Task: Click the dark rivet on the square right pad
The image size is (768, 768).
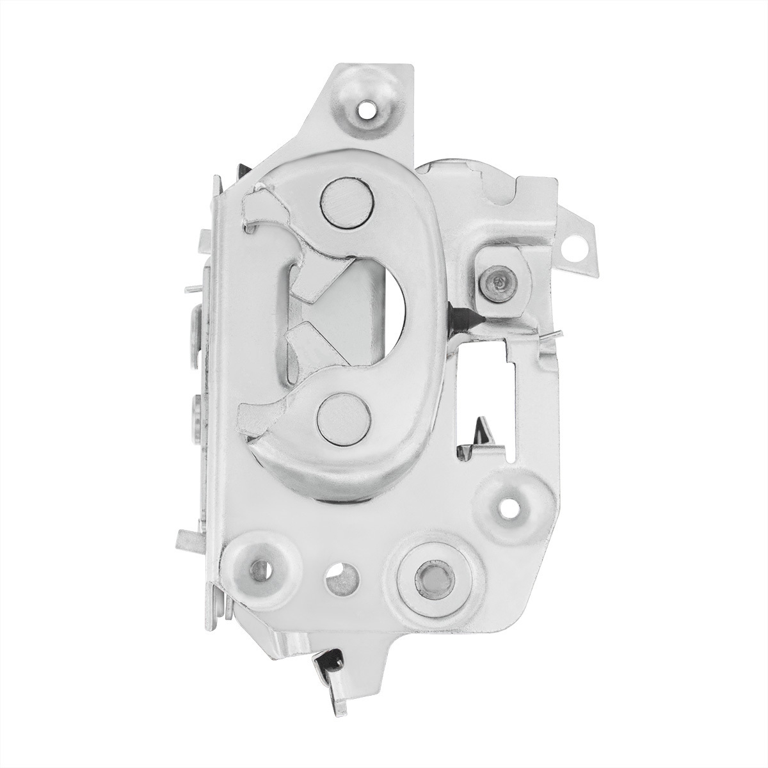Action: pyautogui.click(x=499, y=280)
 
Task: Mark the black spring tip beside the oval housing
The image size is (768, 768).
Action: pyautogui.click(x=457, y=316)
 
